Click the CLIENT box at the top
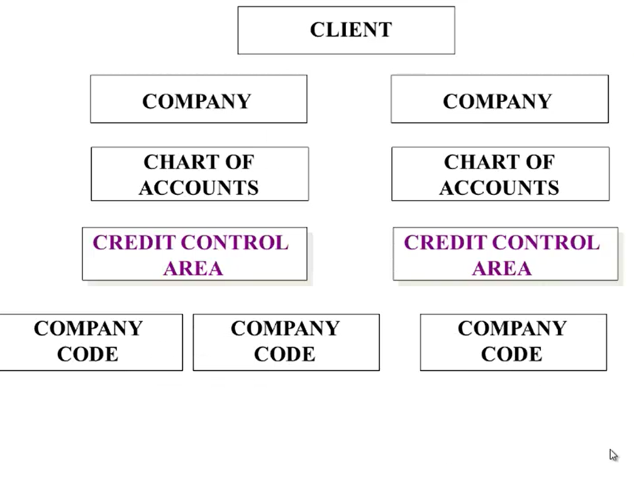[x=346, y=30]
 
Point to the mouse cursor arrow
[x=613, y=455]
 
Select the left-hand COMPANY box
[x=199, y=99]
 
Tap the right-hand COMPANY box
[x=500, y=99]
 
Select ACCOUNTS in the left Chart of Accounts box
[x=199, y=188]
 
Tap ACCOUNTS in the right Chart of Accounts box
[x=499, y=188]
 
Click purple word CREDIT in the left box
[x=134, y=243]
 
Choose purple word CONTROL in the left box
[x=235, y=243]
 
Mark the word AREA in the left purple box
[x=193, y=269]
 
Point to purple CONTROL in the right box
[x=546, y=243]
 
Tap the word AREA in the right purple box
[x=502, y=269]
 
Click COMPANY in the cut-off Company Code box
[x=88, y=328]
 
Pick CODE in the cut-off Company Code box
[x=88, y=354]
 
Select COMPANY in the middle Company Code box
[x=285, y=328]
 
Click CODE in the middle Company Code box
[x=285, y=354]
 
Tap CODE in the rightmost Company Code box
[x=511, y=354]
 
